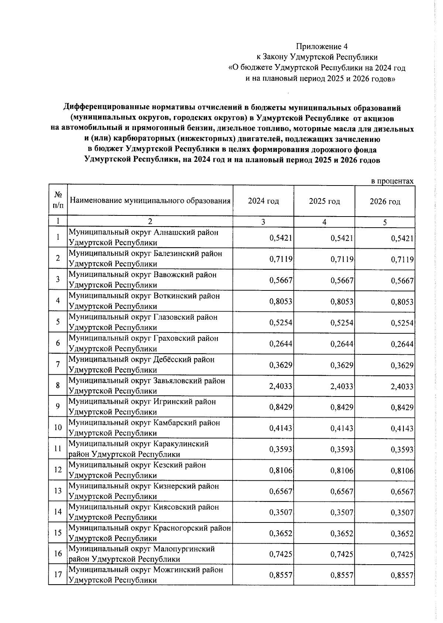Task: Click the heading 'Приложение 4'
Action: coord(322,47)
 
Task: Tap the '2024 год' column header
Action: coord(263,201)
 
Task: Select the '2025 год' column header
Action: coord(324,201)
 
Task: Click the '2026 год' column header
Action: coord(385,201)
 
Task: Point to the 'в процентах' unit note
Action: coord(392,181)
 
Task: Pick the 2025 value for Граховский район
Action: coord(342,344)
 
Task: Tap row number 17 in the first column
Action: coord(58,575)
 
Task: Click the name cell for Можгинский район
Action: coord(146,575)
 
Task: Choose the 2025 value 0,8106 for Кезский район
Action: coord(342,470)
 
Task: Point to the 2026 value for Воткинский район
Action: coord(402,302)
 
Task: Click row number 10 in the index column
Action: coord(58,428)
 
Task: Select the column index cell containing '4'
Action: coord(324,222)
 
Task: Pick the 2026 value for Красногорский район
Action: coord(402,534)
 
